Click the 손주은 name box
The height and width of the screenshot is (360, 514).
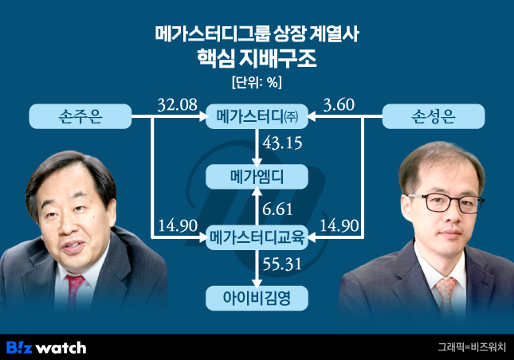[80, 117]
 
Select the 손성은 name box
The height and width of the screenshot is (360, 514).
[434, 117]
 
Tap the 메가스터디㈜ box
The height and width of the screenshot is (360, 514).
[257, 117]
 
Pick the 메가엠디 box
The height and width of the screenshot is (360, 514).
[257, 176]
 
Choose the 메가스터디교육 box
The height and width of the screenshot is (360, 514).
[257, 236]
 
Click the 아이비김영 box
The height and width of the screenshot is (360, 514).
[257, 298]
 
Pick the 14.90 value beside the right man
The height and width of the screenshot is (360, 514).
[337, 225]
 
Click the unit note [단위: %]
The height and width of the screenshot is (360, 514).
[257, 81]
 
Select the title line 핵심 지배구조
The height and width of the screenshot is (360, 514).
[257, 58]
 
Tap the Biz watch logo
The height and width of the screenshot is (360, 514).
[46, 347]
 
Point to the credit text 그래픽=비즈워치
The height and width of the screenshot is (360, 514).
[472, 347]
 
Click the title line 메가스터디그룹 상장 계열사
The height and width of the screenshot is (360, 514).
[257, 33]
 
